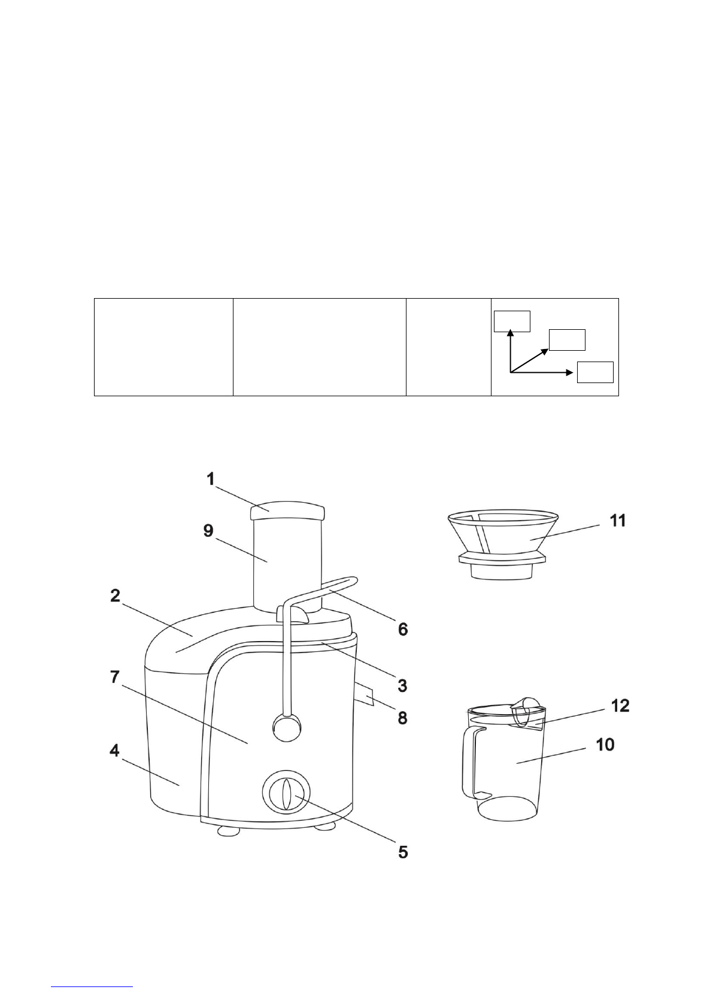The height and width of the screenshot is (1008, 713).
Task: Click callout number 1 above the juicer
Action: tap(211, 479)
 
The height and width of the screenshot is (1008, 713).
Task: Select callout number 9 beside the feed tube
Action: tap(208, 530)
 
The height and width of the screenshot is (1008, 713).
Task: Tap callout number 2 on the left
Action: tap(116, 596)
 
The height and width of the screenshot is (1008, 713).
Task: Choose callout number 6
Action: tap(403, 629)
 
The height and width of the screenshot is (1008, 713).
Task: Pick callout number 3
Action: tap(402, 686)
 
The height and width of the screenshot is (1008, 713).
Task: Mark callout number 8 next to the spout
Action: tap(402, 718)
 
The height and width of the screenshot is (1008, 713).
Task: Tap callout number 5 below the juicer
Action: tap(403, 852)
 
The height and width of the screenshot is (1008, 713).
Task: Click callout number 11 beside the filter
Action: tap(618, 521)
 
